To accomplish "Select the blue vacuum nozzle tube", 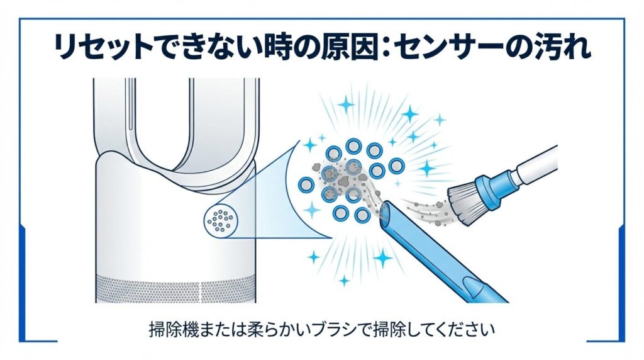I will point(440,252).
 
